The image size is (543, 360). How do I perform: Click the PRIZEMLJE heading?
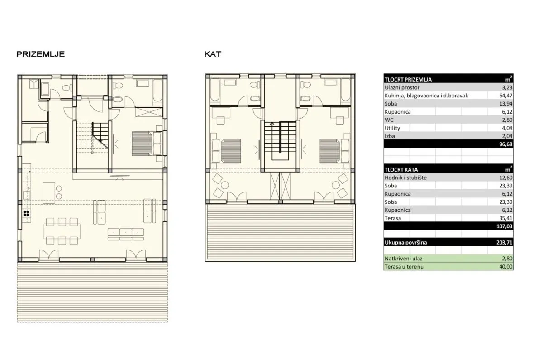40,54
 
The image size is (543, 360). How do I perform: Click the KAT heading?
213,54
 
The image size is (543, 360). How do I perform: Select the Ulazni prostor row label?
402,87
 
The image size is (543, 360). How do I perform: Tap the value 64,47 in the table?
506,96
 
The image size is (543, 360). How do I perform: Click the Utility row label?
392,128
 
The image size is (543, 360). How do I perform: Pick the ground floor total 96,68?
506,144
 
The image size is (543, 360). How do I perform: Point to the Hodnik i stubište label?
405,178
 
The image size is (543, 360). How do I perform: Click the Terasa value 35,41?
506,218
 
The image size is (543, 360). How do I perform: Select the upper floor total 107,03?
504,226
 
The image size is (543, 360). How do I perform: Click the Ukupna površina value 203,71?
504,242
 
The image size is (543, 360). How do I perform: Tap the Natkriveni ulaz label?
403,259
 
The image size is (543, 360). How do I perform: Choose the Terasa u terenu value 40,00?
506,267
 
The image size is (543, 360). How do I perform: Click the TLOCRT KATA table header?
401,169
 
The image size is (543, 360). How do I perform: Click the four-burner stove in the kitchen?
26,213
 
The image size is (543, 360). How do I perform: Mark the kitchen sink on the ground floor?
26,195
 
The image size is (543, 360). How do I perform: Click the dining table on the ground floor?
62,231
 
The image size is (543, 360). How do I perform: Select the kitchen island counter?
49,193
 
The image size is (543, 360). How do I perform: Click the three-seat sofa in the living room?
126,234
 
